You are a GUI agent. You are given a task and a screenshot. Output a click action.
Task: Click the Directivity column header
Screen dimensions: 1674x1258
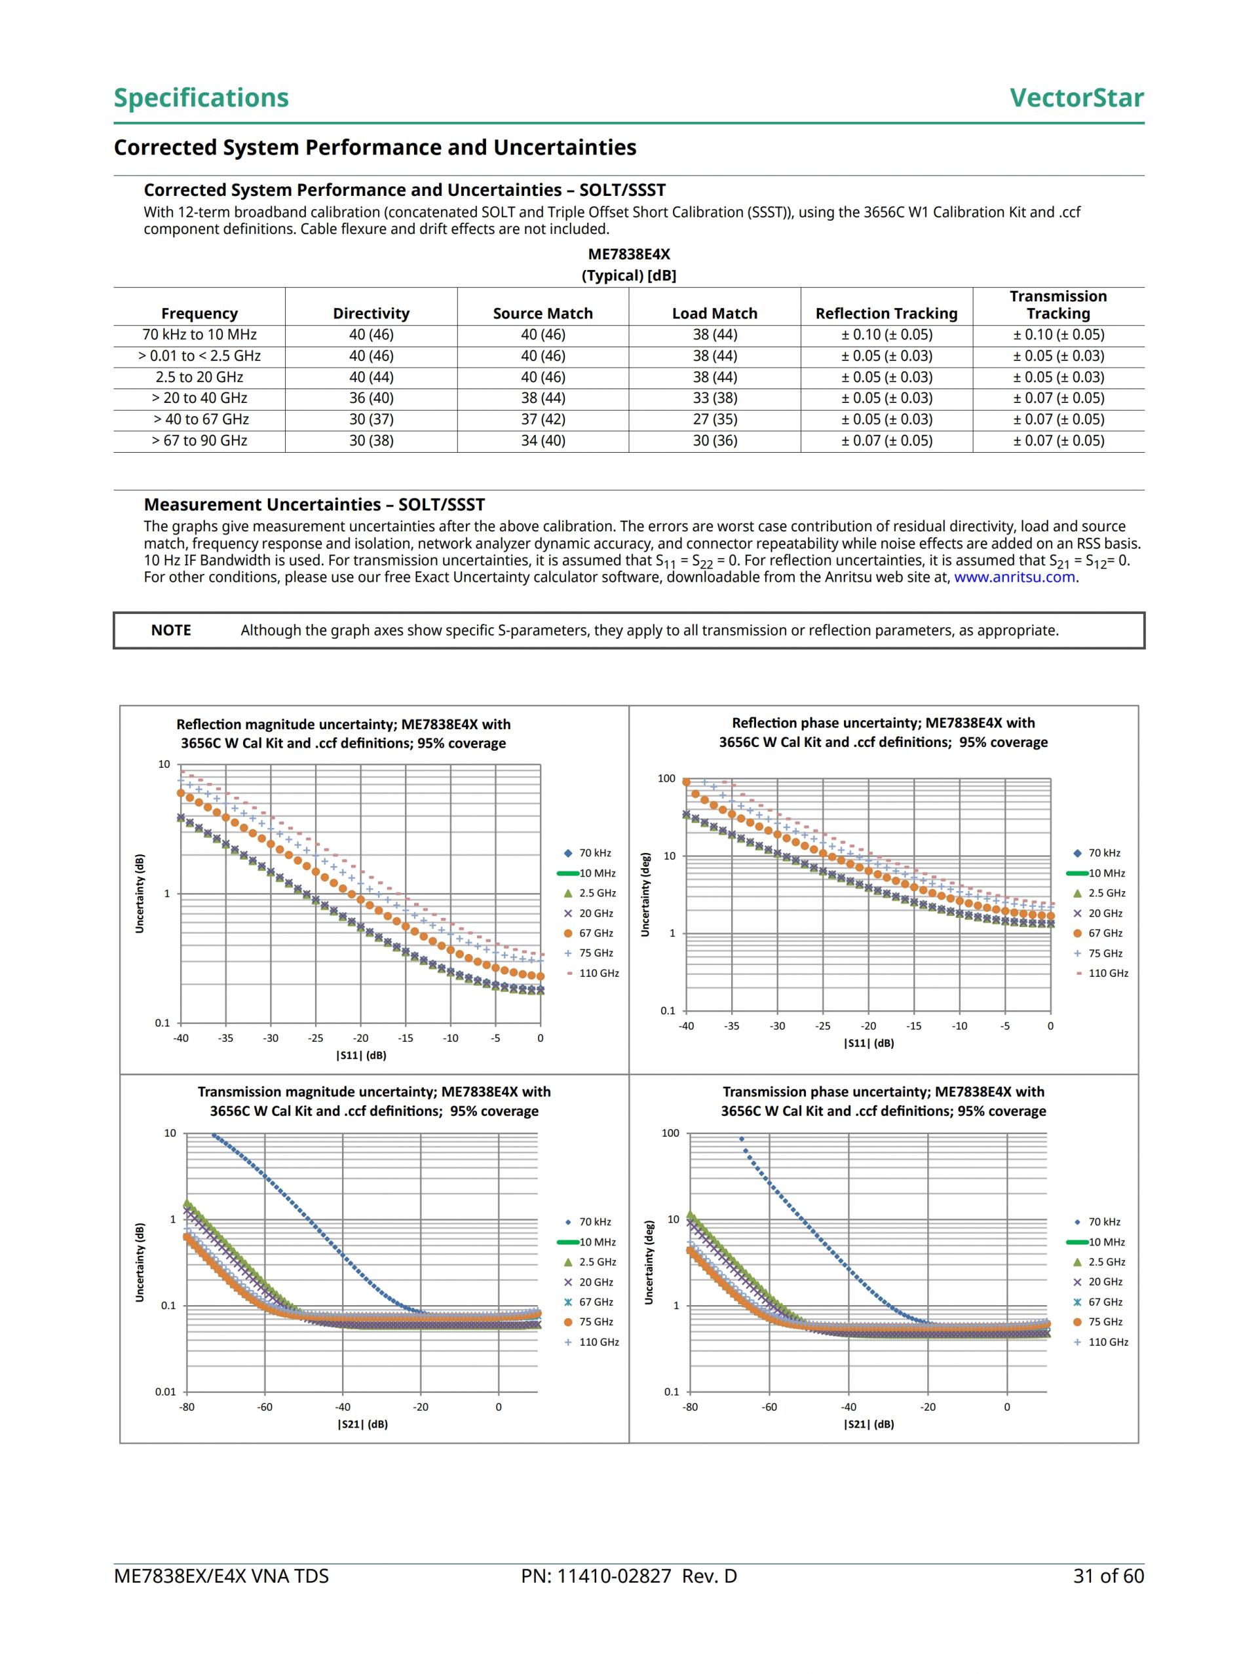coord(371,313)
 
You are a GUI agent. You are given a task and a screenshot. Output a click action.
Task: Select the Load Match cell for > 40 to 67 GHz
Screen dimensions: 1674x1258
coord(715,419)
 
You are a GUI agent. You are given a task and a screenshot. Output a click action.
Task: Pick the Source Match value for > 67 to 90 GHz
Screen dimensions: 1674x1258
coord(543,440)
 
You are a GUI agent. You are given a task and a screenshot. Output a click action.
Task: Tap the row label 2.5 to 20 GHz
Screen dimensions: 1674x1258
coord(199,377)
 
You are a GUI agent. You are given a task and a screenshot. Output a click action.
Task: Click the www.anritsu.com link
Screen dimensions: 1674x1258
coord(1014,577)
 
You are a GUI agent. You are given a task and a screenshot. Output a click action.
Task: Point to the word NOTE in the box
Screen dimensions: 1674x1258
coord(171,630)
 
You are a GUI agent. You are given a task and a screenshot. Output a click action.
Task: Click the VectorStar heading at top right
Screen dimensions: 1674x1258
coord(1077,98)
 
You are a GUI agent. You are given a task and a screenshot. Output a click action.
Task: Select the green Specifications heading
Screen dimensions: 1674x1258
coord(201,98)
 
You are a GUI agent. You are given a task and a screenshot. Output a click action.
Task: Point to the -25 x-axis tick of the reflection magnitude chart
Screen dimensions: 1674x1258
coord(316,1038)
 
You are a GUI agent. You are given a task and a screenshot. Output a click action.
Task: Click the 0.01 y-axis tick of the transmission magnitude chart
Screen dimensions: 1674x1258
coord(166,1392)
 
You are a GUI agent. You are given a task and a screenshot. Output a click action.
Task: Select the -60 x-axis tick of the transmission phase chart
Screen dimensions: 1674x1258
coord(769,1407)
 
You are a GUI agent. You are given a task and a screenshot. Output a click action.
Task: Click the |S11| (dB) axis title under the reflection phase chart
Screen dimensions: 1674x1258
coord(869,1043)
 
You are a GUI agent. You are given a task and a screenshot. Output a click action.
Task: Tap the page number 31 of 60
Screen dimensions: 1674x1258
coord(1108,1576)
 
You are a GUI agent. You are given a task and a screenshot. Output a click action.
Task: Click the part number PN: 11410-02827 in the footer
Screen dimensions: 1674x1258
coord(628,1576)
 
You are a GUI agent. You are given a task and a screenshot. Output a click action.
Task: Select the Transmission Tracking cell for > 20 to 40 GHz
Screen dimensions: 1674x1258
coord(1058,398)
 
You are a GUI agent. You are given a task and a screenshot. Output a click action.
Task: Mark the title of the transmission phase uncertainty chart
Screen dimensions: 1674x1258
coord(883,1101)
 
